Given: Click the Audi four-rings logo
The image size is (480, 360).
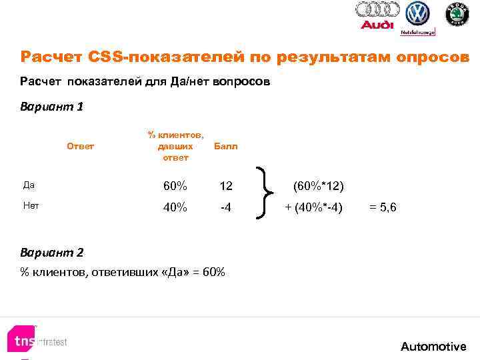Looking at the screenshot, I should pos(377,10).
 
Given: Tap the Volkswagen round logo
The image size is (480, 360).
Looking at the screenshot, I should pos(418,13).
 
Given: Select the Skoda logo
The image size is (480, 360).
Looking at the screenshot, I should pos(457,14).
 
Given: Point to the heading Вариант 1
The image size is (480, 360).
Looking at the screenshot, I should pos(52,106).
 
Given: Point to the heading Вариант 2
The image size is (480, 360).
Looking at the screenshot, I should pos(52,253).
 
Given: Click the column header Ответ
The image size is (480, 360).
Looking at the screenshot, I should pos(81,146).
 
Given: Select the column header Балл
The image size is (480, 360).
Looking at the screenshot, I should pos(225,146).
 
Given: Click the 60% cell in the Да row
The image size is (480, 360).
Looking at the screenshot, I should pos(175,184).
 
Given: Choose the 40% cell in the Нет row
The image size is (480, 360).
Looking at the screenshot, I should pos(175,207).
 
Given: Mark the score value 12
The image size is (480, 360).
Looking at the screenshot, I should pos(226,184).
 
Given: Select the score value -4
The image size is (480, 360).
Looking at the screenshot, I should pos(226,207).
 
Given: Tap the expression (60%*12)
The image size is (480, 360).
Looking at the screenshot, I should pos(318,184).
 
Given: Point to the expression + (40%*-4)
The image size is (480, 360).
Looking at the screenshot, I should pos(314,207).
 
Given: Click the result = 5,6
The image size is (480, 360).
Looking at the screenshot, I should pos(383,207).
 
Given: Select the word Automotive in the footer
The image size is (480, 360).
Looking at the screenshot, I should pos(433,347).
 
